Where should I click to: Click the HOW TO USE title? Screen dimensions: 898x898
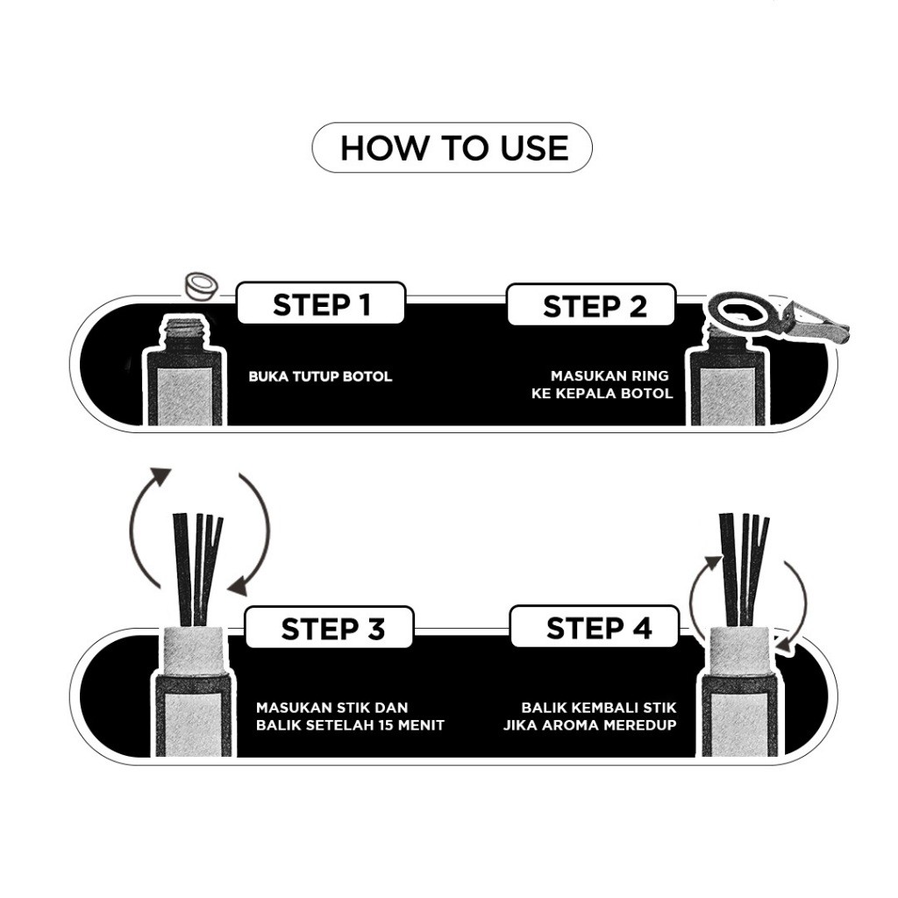tap(453, 148)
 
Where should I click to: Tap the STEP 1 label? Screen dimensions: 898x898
tap(321, 305)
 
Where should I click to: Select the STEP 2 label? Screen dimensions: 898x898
tap(594, 307)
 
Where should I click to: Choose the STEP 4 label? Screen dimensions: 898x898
tap(599, 629)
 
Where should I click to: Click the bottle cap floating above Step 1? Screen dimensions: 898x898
tap(200, 285)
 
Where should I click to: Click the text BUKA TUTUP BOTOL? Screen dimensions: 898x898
tap(320, 377)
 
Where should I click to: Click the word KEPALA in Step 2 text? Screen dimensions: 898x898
tap(587, 394)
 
